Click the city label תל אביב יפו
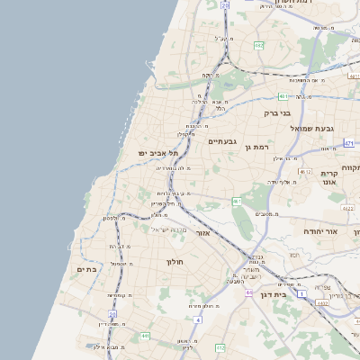(155, 154)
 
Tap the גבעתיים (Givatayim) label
(222, 141)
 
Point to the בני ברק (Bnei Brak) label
(277, 113)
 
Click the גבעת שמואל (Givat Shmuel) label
(312, 129)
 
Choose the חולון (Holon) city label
(175, 262)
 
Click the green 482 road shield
(259, 44)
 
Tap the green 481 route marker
(283, 95)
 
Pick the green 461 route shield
(237, 201)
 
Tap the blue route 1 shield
(302, 293)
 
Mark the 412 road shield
(220, 346)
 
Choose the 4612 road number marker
(306, 171)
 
